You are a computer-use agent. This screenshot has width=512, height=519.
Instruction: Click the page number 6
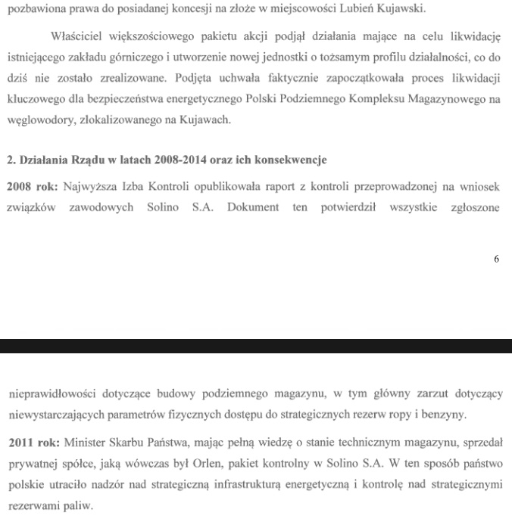tap(496, 259)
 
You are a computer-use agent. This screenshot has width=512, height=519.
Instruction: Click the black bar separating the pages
tap(256, 347)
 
